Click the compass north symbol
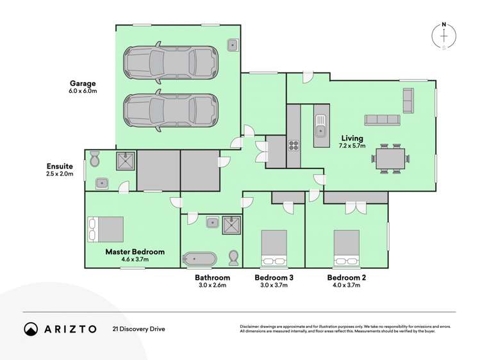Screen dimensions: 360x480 (x=445, y=36)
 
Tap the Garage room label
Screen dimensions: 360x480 (x=83, y=83)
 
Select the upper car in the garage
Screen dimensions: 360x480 (x=170, y=62)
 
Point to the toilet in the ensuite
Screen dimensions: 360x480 (x=94, y=158)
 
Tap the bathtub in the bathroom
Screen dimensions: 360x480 (x=200, y=259)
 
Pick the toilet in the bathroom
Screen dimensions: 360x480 (x=234, y=258)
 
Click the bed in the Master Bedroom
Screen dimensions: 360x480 (x=106, y=229)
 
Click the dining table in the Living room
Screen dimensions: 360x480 (x=391, y=158)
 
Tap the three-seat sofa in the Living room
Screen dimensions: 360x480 (x=382, y=120)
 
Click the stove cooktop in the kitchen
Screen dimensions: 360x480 (x=294, y=145)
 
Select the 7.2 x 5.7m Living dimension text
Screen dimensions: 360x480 (x=352, y=146)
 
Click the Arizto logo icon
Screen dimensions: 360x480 (x=31, y=329)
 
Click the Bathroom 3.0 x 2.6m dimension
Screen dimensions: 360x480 (x=212, y=285)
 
